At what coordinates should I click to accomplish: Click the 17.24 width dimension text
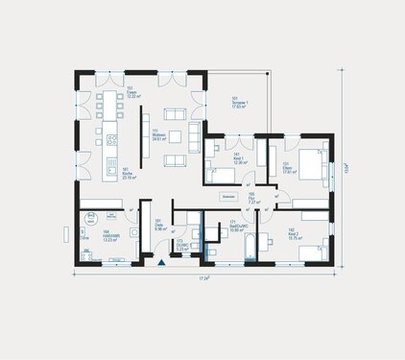click(203, 277)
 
